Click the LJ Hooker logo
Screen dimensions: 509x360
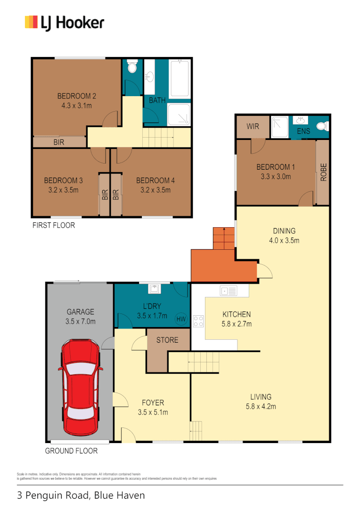(64, 22)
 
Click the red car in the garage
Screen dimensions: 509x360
(80, 387)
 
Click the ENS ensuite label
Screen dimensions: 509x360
(303, 131)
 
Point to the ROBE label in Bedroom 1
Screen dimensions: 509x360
(323, 172)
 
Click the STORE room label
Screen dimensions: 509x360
(167, 340)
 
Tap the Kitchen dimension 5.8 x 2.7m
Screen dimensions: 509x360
(237, 324)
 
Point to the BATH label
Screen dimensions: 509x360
(157, 100)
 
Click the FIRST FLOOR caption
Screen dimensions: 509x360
(53, 225)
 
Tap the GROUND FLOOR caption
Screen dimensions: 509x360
(71, 451)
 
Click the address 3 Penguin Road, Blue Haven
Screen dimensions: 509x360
(81, 495)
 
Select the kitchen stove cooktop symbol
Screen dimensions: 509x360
(198, 321)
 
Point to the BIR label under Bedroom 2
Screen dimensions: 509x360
(59, 142)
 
